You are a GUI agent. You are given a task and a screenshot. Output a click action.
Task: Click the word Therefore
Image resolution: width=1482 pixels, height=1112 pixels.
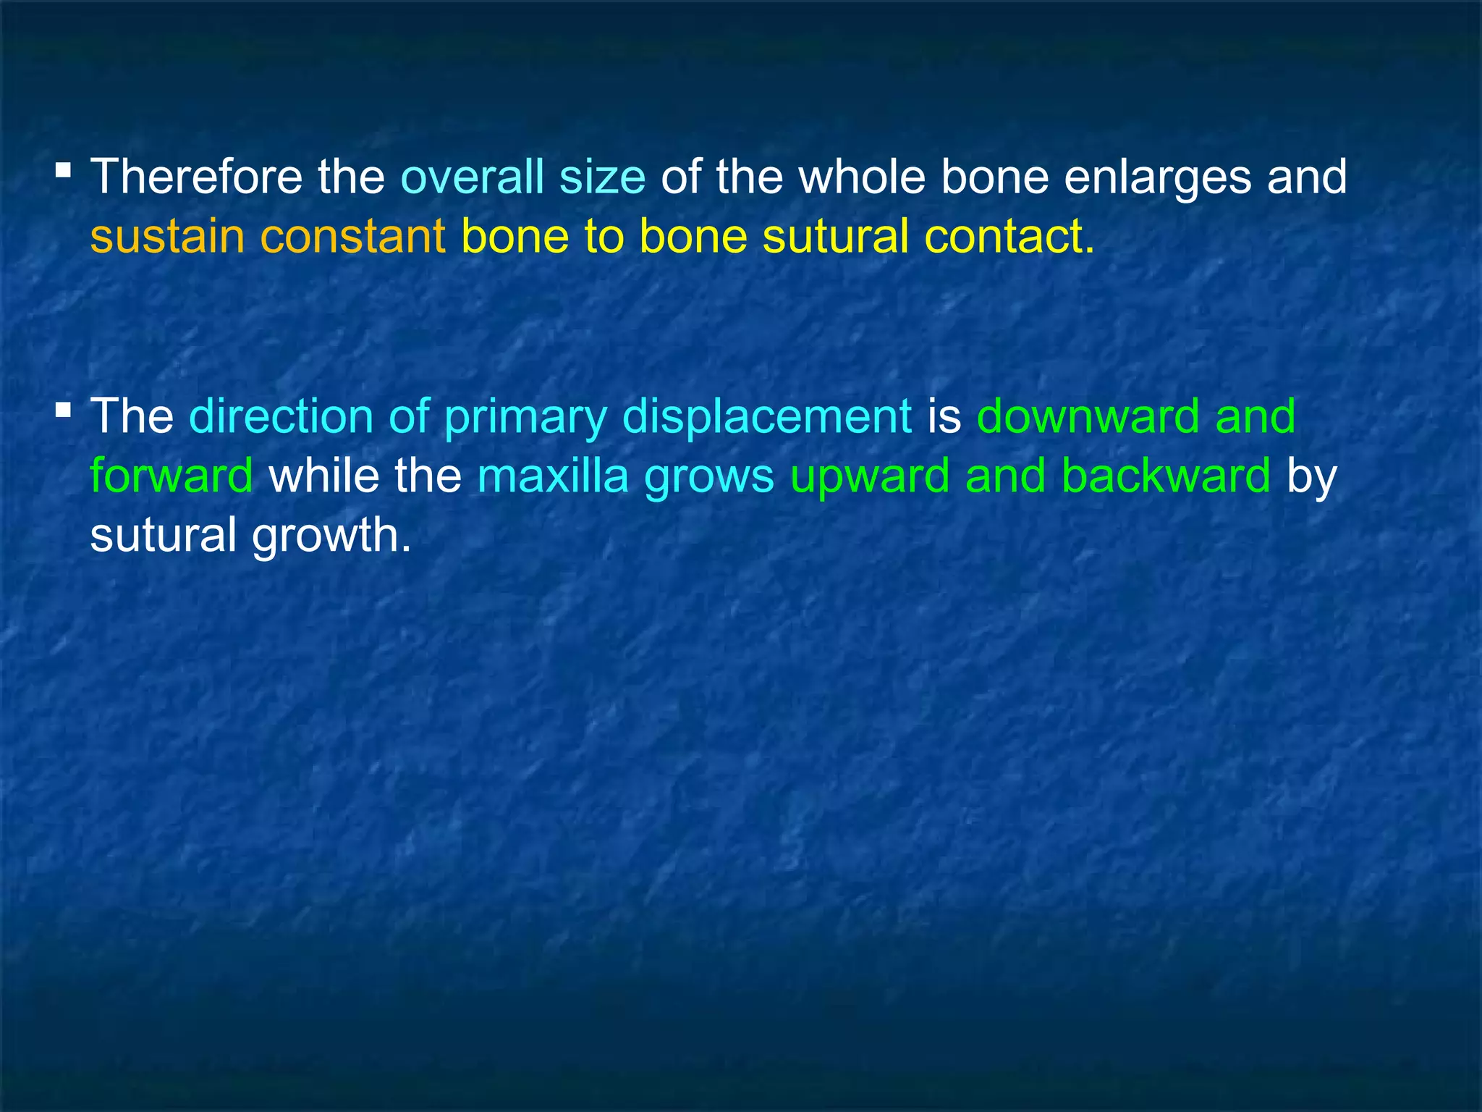click(x=195, y=177)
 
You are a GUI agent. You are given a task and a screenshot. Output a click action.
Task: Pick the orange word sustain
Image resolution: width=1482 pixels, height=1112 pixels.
click(x=167, y=236)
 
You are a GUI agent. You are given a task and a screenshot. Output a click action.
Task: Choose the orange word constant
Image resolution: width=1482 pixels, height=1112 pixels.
click(x=352, y=236)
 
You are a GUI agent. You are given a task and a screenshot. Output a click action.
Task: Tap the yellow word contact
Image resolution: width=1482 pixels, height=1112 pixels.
click(x=1009, y=236)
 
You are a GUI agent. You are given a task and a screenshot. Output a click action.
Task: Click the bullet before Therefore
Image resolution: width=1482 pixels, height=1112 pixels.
click(x=64, y=172)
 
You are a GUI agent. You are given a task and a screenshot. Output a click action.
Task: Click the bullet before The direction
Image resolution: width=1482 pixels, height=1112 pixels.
click(x=64, y=411)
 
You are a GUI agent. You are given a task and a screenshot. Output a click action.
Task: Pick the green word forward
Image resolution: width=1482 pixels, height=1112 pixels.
click(x=172, y=476)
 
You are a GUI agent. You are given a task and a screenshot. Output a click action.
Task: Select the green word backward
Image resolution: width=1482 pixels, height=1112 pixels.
click(x=1166, y=476)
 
